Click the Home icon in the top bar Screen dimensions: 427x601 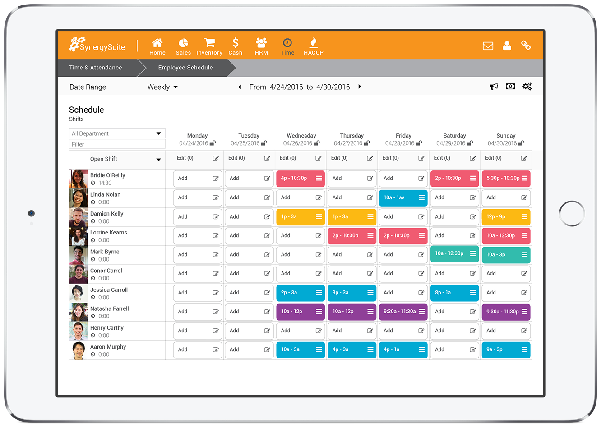pos(157,43)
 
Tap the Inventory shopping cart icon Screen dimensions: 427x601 pos(209,43)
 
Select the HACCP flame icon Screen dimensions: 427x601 pos(313,43)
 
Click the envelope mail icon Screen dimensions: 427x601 pos(488,46)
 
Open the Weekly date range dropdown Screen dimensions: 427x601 pos(162,87)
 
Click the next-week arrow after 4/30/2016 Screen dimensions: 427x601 pos(360,87)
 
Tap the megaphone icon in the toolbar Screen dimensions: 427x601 pos(494,87)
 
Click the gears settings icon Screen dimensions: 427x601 pos(527,87)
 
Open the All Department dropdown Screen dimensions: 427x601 pos(117,133)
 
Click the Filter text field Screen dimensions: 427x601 pos(117,144)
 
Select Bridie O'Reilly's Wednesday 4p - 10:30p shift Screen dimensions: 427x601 pos(300,179)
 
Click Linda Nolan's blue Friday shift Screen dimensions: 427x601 pos(403,197)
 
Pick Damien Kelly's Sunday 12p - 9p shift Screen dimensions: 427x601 pos(505,217)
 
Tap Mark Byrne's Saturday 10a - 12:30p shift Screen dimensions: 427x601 pos(454,254)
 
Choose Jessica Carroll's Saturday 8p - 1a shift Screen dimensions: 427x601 pos(454,293)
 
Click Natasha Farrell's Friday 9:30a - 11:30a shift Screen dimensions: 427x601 pos(403,312)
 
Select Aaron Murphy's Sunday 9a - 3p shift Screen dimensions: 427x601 pos(505,349)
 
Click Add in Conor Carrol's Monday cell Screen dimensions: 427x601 pos(183,274)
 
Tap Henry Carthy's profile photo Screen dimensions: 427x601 pos(79,331)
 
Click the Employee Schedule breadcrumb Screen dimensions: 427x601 pos(185,68)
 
